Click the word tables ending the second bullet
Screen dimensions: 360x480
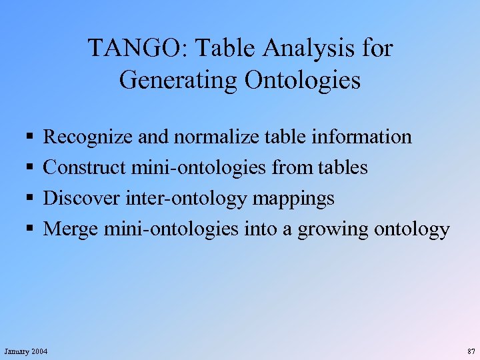(x=343, y=168)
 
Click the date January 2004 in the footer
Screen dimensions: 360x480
(x=26, y=351)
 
